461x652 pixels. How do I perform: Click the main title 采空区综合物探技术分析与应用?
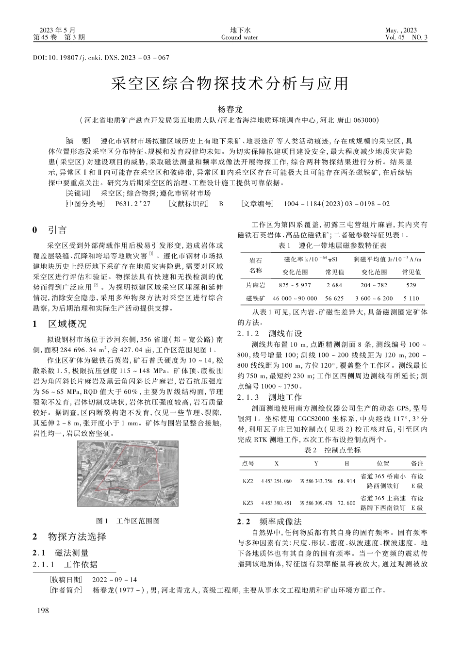pos(230,84)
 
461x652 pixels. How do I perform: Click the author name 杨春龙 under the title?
pos(230,110)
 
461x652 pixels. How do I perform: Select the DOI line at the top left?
pos(101,58)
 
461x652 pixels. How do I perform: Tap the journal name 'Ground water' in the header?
pos(239,37)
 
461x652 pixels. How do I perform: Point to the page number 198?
pos(43,611)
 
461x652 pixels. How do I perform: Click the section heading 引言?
pos(57,229)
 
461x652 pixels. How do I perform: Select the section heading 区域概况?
pos(67,324)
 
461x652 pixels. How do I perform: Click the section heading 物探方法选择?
pos(77,537)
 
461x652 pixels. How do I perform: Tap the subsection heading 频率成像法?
pos(280,522)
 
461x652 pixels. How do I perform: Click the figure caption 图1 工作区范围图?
pos(128,521)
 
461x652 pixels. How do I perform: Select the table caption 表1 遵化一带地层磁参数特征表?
pos(332,246)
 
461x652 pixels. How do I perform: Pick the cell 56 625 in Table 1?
pos(334,298)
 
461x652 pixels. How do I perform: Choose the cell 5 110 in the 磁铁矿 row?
pos(411,298)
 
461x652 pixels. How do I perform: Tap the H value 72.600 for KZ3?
pos(346,503)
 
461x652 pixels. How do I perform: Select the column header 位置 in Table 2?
pos(383,463)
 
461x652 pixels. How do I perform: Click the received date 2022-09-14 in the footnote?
pos(115,580)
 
